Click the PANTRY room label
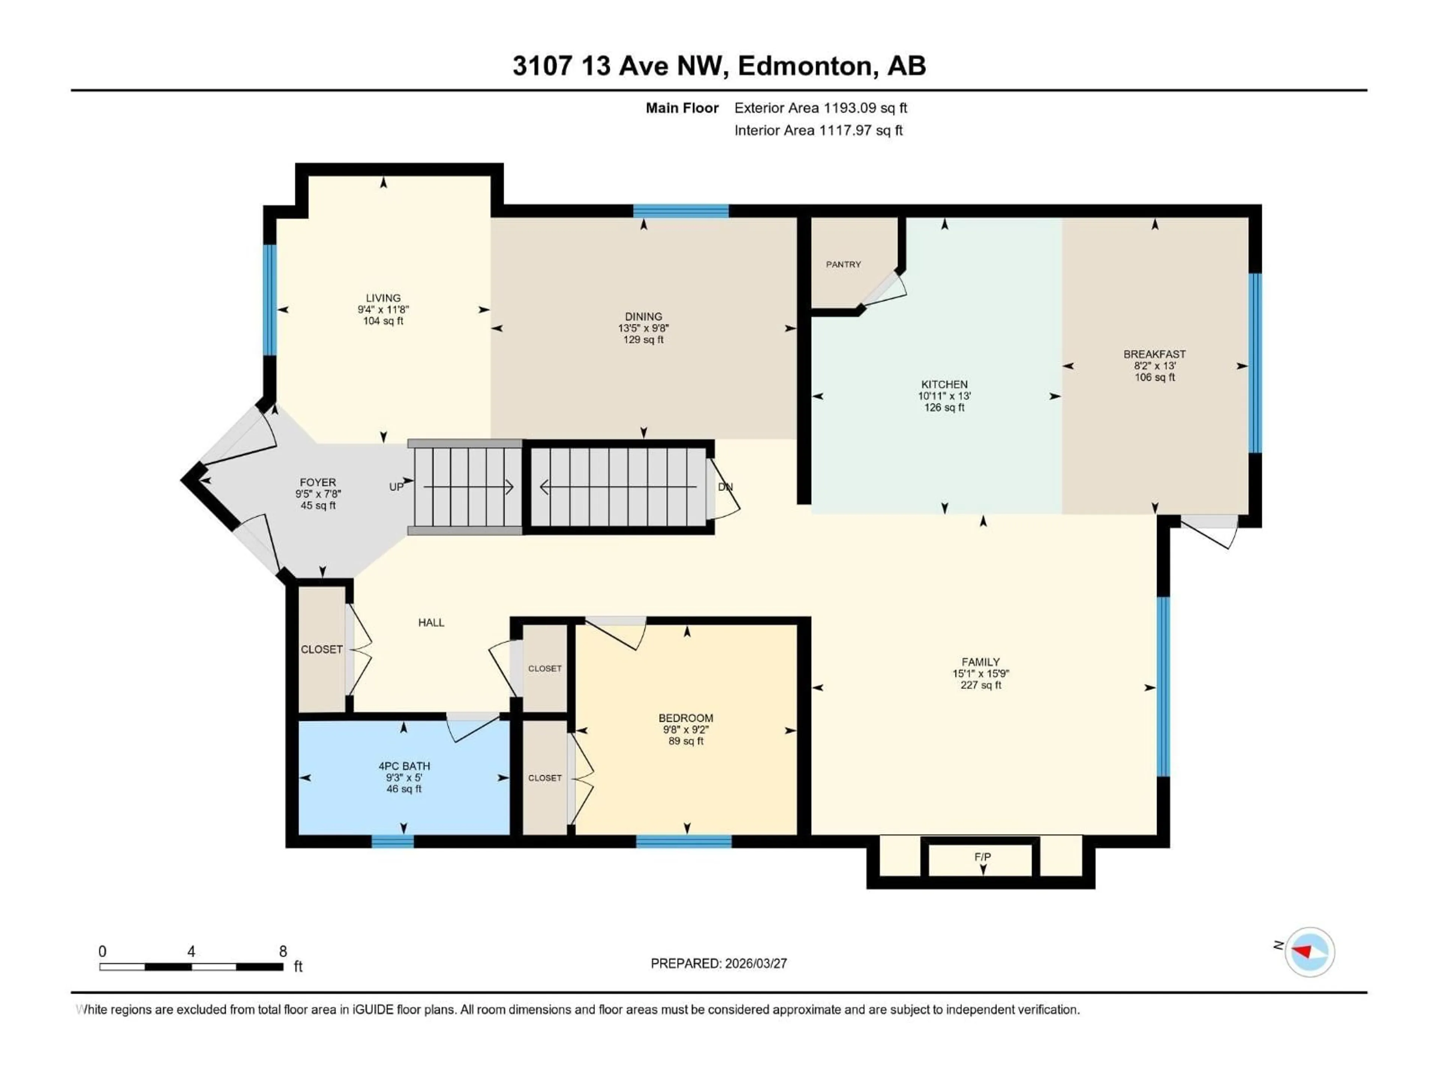843,264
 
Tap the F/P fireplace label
982,857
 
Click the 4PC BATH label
404,766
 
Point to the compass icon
1310,952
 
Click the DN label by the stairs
725,487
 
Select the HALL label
431,622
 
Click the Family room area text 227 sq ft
980,685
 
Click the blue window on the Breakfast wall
1255,363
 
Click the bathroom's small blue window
392,841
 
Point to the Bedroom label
686,718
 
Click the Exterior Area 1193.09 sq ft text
820,108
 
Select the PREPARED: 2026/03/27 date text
719,963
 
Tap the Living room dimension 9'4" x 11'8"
383,310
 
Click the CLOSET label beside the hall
322,649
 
